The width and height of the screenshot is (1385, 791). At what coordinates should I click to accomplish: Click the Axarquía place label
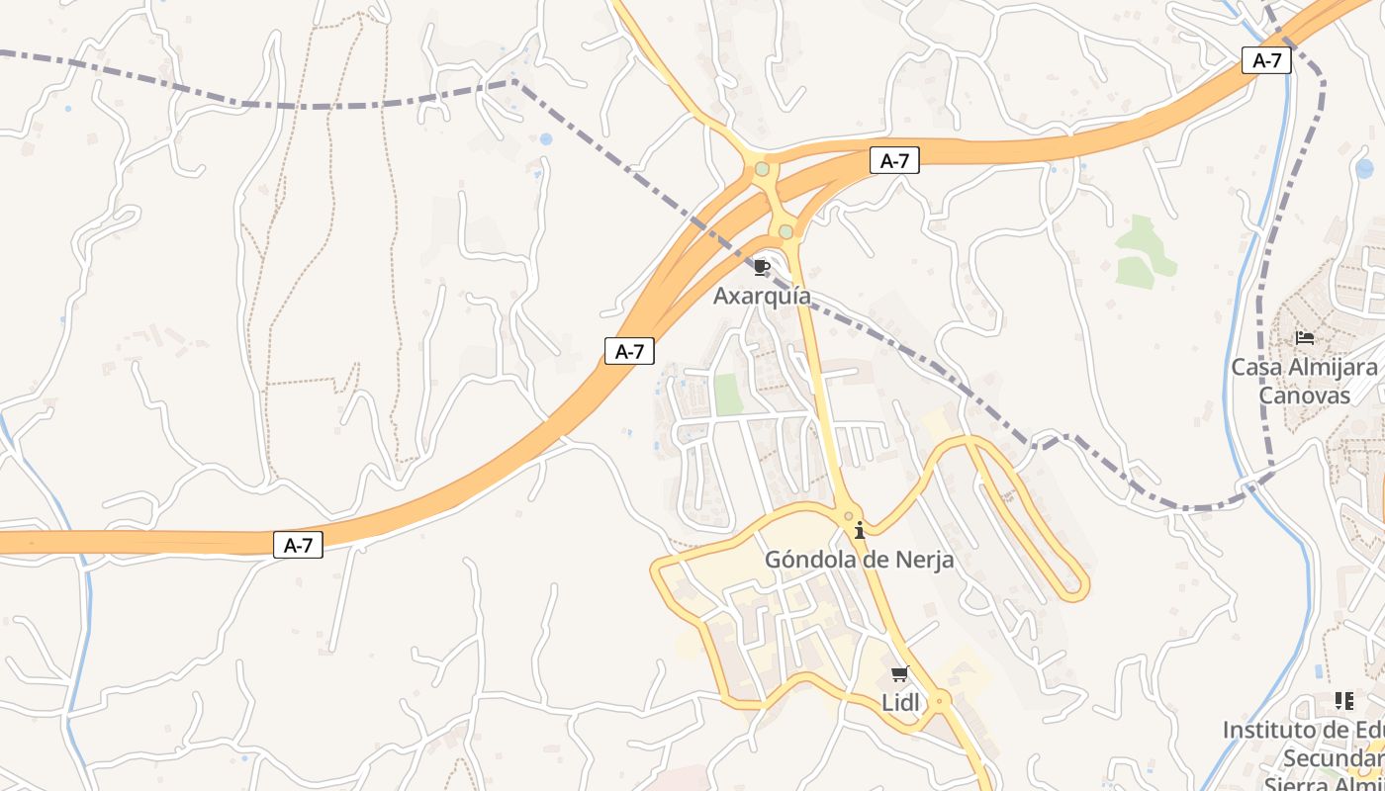pyautogui.click(x=762, y=296)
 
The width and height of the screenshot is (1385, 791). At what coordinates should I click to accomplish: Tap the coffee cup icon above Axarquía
pyautogui.click(x=761, y=267)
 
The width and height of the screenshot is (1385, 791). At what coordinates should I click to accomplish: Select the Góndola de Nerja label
pyautogui.click(x=859, y=560)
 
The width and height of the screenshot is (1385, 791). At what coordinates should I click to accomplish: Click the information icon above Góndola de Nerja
pyautogui.click(x=860, y=531)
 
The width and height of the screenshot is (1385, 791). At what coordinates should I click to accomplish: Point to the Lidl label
pyautogui.click(x=899, y=702)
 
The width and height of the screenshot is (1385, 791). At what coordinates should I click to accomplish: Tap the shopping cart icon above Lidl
pyautogui.click(x=899, y=674)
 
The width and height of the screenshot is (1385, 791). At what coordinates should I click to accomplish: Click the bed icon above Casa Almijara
pyautogui.click(x=1304, y=338)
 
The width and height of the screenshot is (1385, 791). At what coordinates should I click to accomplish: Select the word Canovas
pyautogui.click(x=1304, y=395)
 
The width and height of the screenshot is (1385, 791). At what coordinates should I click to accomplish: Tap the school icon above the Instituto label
pyautogui.click(x=1343, y=701)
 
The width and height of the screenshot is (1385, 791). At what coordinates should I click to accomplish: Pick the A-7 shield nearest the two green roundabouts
pyautogui.click(x=894, y=161)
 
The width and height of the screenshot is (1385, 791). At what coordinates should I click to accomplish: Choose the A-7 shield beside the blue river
pyautogui.click(x=1266, y=60)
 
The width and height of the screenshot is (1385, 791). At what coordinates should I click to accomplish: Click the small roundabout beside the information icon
pyautogui.click(x=848, y=516)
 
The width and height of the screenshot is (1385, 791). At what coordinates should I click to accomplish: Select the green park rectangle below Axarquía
pyautogui.click(x=728, y=395)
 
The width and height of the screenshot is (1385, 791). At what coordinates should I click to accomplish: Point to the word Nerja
pyautogui.click(x=921, y=560)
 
